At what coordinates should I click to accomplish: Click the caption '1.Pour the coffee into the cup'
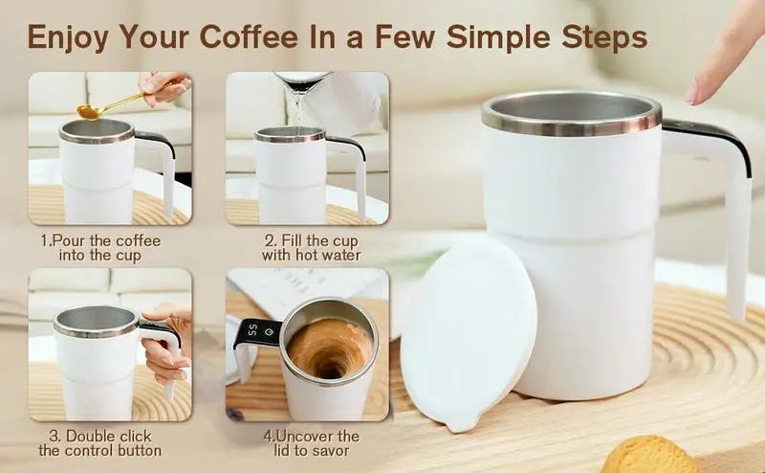[x=100, y=248]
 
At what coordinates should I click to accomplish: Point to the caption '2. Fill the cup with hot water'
[x=312, y=248]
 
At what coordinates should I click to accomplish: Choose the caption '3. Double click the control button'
[x=99, y=443]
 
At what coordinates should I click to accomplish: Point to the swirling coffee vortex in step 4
[x=327, y=349]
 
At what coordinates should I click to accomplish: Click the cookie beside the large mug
[x=649, y=455]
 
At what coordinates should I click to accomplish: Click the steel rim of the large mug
[x=571, y=124]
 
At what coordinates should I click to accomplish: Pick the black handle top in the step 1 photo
[x=154, y=140]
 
